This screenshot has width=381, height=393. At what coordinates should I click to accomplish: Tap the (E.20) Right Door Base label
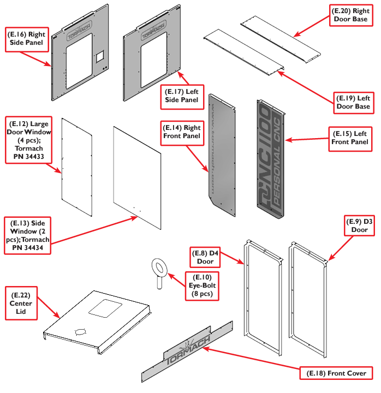pos(352,15)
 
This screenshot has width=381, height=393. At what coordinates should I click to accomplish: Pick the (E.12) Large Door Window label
pos(27,140)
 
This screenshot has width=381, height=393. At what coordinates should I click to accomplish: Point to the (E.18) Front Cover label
pos(339,373)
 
